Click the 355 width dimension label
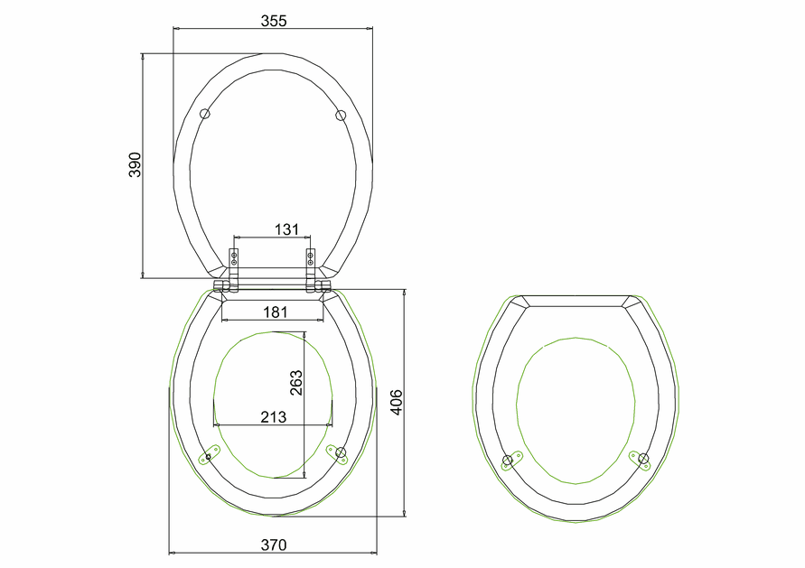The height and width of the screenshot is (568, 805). (272, 21)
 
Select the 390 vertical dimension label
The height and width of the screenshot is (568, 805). (135, 165)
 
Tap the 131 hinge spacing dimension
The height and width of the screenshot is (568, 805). (285, 229)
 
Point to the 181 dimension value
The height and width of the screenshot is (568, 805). (275, 312)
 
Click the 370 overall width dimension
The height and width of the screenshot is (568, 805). (274, 545)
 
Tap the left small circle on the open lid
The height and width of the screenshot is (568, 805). (205, 114)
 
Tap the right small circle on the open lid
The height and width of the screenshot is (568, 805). (341, 115)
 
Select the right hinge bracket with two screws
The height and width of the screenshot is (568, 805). (311, 264)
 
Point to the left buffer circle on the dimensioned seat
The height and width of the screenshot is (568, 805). (209, 457)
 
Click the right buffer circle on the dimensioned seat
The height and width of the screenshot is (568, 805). (342, 457)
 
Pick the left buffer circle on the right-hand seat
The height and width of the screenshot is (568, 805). (508, 461)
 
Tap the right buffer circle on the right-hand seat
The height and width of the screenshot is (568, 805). (643, 460)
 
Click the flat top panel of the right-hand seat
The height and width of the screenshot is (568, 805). (576, 301)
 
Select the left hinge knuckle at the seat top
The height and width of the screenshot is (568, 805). (222, 286)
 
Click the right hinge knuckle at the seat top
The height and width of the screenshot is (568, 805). (323, 286)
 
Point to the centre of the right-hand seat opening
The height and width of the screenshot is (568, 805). (575, 411)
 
